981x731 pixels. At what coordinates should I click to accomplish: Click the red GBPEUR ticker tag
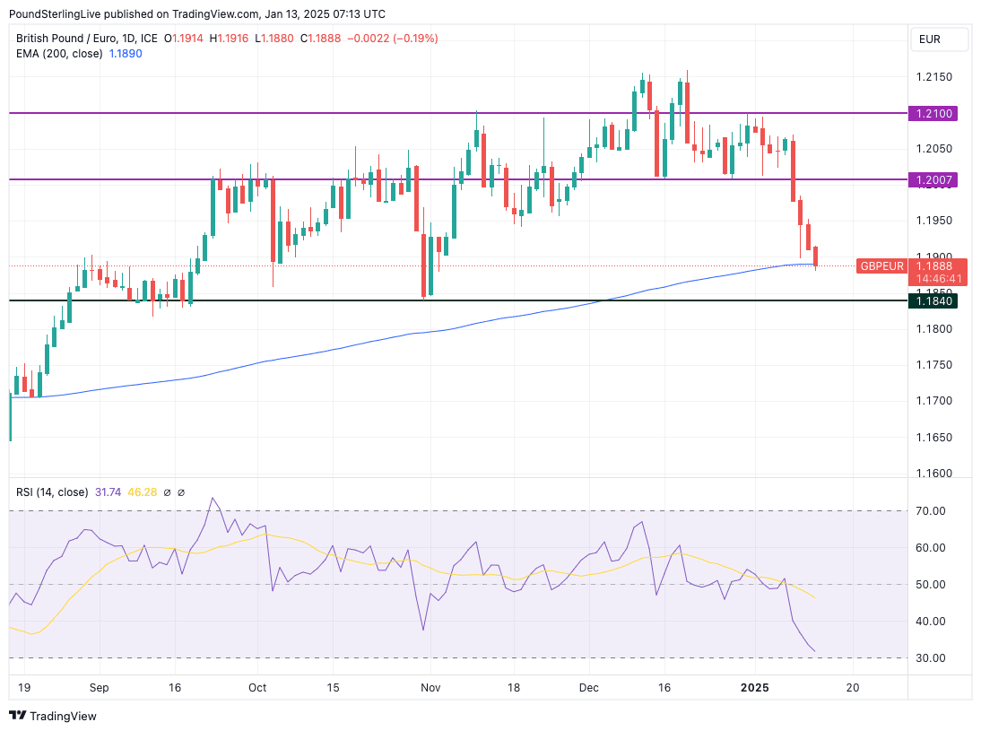pyautogui.click(x=882, y=265)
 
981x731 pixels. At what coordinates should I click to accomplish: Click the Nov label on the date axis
pyautogui.click(x=430, y=688)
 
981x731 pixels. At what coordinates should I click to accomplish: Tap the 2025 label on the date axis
pyautogui.click(x=755, y=688)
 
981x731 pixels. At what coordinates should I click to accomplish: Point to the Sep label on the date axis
pyautogui.click(x=99, y=688)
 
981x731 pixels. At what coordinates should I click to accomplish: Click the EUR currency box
pyautogui.click(x=939, y=39)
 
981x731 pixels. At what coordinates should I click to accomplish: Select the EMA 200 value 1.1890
pyautogui.click(x=125, y=53)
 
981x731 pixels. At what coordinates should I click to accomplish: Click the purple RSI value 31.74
pyautogui.click(x=109, y=492)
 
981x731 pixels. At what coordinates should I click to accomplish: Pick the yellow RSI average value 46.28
pyautogui.click(x=143, y=492)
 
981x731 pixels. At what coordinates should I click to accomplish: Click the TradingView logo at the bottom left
pyautogui.click(x=53, y=716)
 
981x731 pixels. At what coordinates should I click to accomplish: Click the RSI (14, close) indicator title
pyautogui.click(x=52, y=492)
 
